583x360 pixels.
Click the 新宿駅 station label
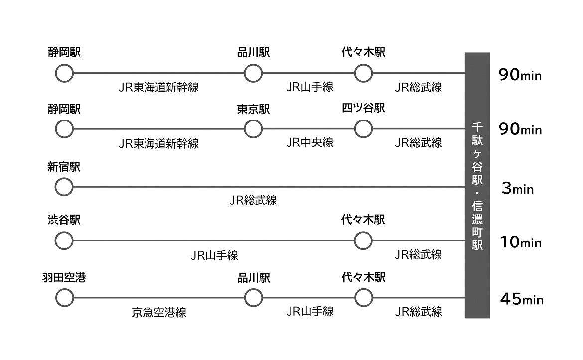click(64, 167)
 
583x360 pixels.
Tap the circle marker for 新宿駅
click(64, 187)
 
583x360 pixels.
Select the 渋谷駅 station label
click(64, 220)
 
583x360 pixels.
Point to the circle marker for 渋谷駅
click(64, 241)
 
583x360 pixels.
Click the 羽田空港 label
click(64, 278)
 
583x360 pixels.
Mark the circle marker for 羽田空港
click(64, 298)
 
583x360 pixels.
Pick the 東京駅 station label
click(253, 109)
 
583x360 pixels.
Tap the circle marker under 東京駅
click(253, 129)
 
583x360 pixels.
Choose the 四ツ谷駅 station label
click(363, 108)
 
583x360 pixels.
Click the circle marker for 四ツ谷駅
click(363, 129)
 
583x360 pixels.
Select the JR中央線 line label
click(309, 143)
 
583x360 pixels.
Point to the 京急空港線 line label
click(159, 313)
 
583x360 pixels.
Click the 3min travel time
click(518, 189)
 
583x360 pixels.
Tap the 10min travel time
click(521, 242)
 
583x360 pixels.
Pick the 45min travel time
click(522, 299)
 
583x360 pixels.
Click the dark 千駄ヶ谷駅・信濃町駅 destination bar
click(477, 185)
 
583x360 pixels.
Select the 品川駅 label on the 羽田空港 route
click(253, 278)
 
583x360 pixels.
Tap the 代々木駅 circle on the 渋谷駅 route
click(363, 241)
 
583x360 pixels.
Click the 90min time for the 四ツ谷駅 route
click(520, 129)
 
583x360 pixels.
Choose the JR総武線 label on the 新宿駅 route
click(253, 200)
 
